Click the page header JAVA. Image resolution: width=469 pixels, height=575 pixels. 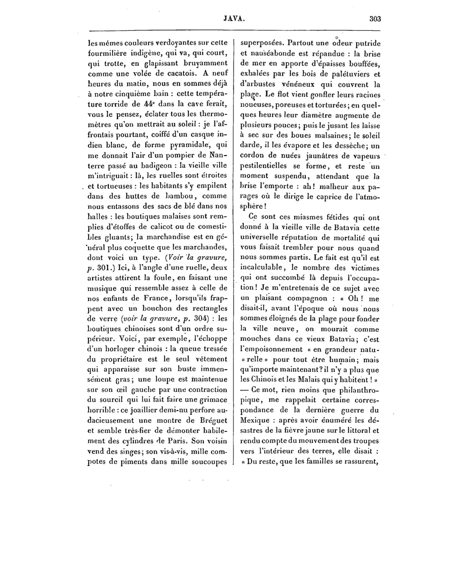[234, 19]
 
